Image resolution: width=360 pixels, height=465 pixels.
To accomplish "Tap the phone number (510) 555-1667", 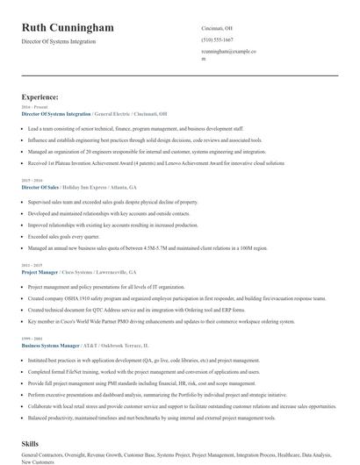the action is pyautogui.click(x=217, y=39).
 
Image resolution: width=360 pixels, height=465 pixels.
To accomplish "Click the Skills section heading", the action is pyautogui.click(x=32, y=445).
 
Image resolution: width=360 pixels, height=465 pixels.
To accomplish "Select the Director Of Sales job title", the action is pyautogui.click(x=40, y=187).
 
